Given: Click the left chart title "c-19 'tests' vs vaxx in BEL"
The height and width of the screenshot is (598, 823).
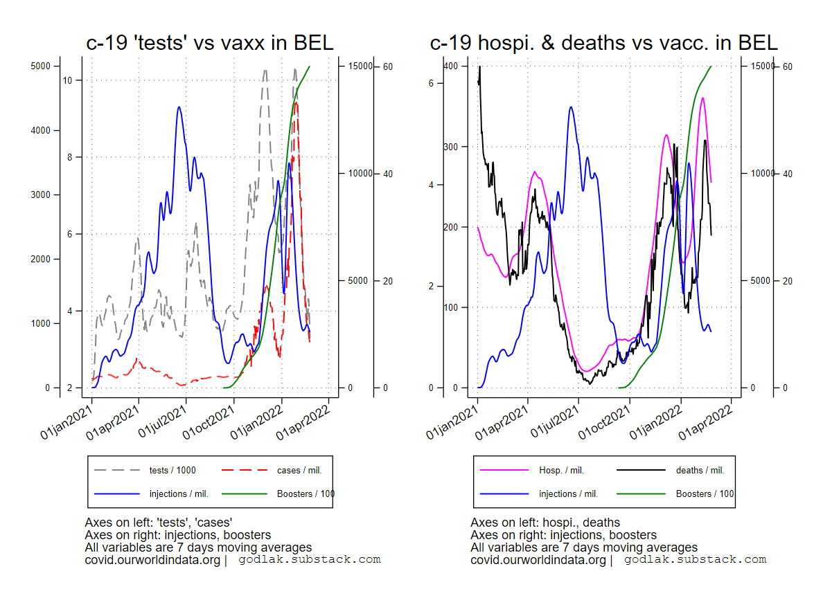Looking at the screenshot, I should [x=209, y=43].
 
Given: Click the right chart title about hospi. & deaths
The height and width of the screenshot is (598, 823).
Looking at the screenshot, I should [x=603, y=43].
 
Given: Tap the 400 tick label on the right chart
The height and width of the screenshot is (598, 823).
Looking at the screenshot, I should [x=451, y=66].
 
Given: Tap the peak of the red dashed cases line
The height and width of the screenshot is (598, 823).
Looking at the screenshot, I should [x=296, y=103].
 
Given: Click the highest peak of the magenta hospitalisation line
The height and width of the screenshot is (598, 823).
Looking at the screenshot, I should [x=702, y=98].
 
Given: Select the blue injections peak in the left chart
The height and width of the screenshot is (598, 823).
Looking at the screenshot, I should [x=179, y=107].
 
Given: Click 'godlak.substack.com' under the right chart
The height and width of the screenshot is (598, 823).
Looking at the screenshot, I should [x=695, y=559].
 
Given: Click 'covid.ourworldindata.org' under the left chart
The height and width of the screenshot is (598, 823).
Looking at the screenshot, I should [x=152, y=560].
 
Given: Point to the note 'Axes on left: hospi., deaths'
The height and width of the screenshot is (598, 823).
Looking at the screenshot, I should [x=545, y=523].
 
